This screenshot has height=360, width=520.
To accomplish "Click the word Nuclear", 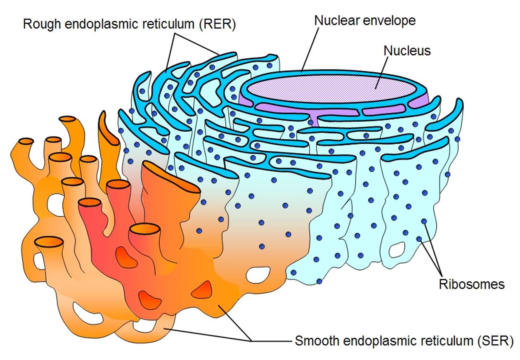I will pos(335,20).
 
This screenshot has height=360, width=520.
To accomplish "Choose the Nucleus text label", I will pos(407,50).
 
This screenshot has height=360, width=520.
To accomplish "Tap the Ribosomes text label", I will pos(471,284).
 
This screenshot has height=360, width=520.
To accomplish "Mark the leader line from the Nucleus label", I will pos(382,72).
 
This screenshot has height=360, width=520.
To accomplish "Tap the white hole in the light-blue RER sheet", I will pos(397,249).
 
